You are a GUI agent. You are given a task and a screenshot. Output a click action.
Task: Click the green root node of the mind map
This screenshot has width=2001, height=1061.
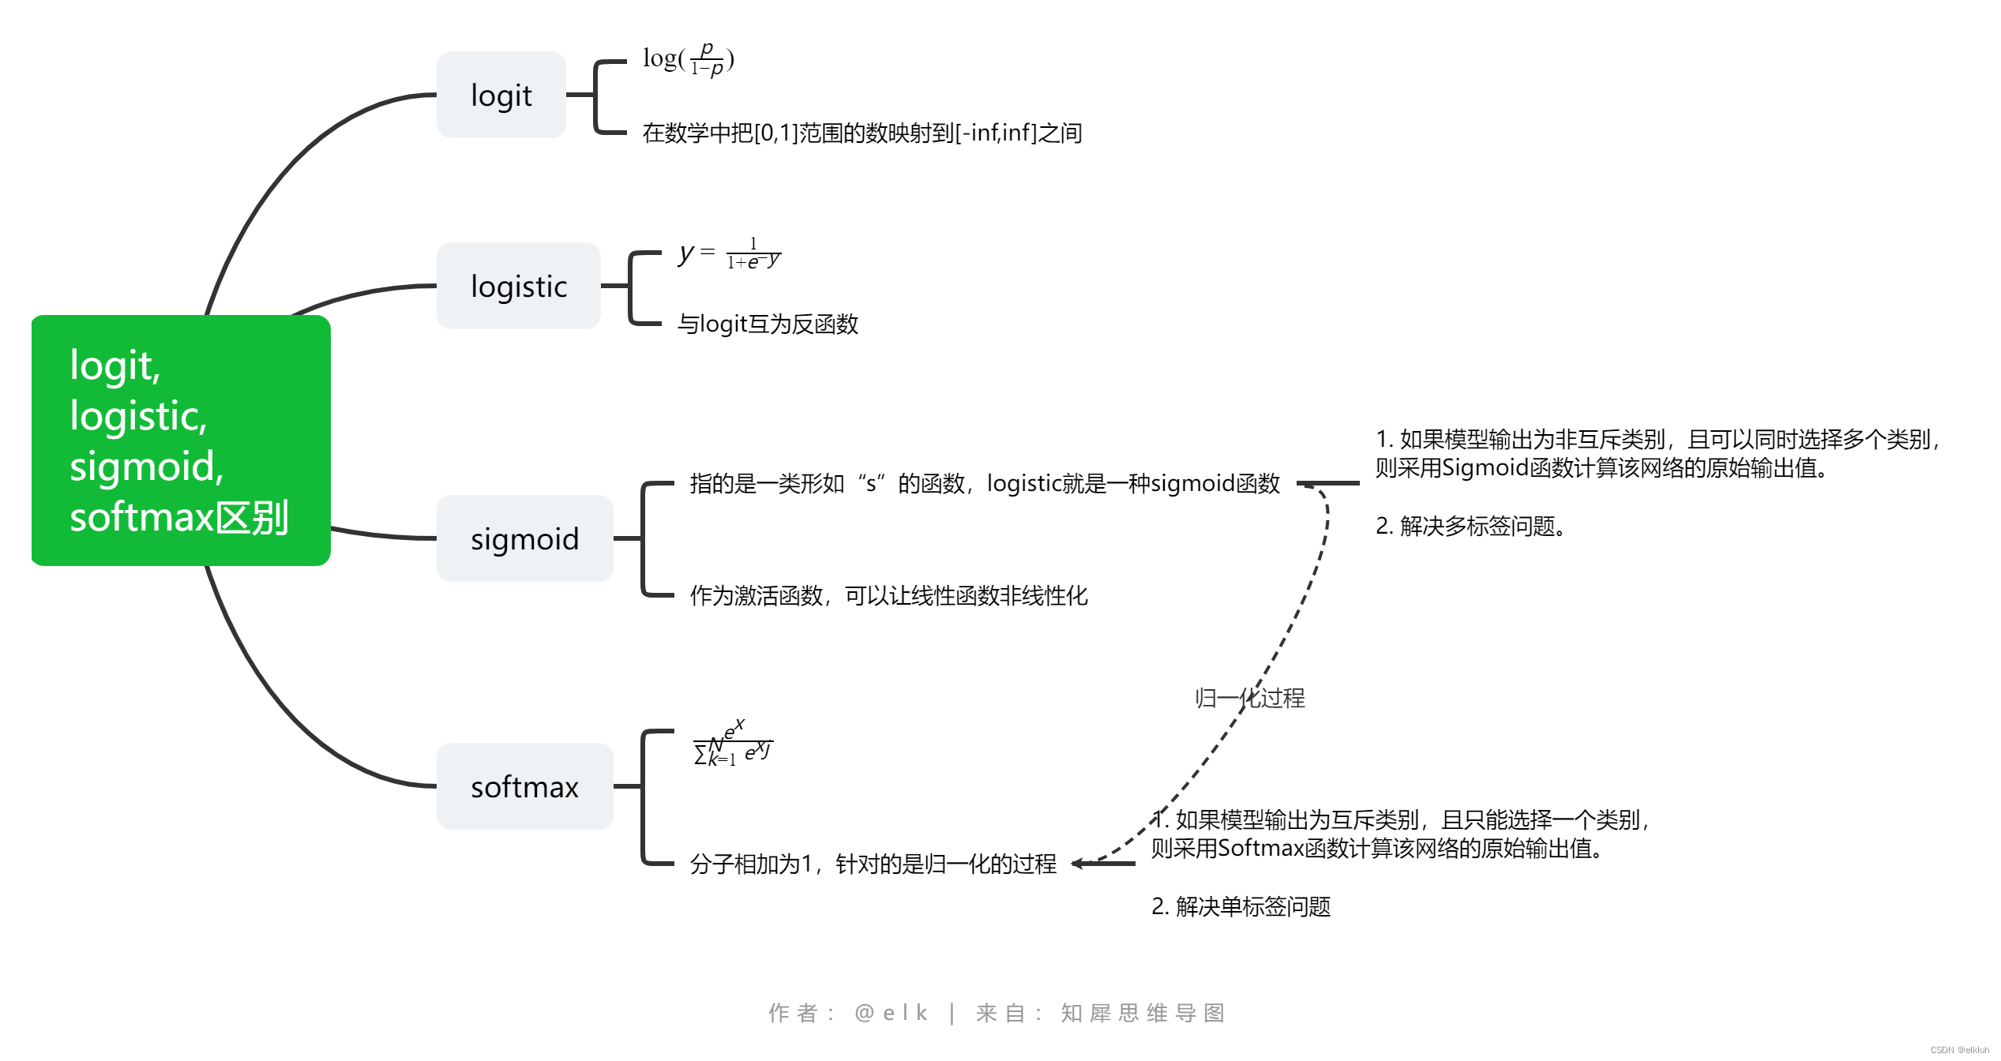point(180,440)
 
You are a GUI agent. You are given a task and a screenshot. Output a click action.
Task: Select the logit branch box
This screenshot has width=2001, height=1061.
point(501,95)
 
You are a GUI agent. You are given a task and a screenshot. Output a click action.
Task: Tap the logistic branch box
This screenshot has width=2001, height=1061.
point(518,286)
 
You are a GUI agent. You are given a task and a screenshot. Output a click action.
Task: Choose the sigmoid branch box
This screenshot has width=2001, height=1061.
point(524,538)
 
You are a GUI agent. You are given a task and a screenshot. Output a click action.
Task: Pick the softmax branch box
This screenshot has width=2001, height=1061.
point(524,786)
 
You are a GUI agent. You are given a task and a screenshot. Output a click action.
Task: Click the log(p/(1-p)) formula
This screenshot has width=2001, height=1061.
point(689,60)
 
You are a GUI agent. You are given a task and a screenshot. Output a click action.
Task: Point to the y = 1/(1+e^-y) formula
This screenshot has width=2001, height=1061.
point(730,254)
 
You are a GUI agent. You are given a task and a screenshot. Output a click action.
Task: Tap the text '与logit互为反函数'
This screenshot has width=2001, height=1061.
point(768,324)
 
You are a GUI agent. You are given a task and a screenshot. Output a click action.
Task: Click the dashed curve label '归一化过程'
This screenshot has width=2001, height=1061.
point(1249,698)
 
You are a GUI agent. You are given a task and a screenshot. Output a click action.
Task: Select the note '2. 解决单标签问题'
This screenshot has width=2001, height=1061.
point(1241,906)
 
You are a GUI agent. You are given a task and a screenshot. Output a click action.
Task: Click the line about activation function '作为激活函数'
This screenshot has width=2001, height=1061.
point(888,595)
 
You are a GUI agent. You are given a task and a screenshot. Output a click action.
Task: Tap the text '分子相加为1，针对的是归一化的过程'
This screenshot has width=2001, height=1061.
point(873,864)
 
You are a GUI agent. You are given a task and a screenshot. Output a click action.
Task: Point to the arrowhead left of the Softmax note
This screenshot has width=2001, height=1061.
point(1078,864)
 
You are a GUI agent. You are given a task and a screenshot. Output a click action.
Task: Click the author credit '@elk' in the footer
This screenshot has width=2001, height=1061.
point(891,1013)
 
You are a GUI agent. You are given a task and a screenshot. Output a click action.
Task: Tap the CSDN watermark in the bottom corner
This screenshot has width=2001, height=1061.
point(1959,1050)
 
